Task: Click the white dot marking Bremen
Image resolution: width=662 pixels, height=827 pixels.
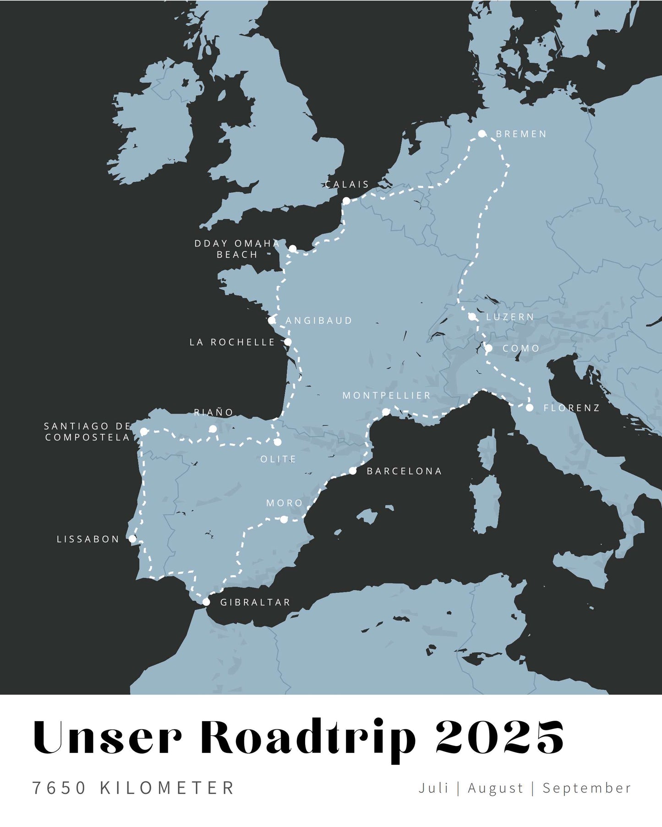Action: click(x=481, y=134)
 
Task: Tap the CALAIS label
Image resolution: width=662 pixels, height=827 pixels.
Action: click(x=347, y=185)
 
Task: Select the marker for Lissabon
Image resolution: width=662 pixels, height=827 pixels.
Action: click(x=132, y=539)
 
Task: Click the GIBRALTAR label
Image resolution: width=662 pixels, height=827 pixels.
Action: click(x=255, y=603)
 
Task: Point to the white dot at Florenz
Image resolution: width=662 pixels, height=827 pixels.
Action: click(x=530, y=408)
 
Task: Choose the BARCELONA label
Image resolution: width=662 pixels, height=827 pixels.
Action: click(x=404, y=471)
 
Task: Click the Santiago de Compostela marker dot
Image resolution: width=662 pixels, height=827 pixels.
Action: click(x=144, y=431)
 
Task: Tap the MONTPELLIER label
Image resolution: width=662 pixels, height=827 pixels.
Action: click(x=386, y=396)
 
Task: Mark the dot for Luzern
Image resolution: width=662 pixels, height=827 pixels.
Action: click(x=472, y=316)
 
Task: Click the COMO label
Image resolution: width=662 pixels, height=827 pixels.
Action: click(x=521, y=348)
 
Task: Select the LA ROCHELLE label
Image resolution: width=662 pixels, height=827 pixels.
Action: click(x=232, y=343)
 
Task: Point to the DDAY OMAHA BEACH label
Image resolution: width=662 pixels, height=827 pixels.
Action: click(x=237, y=249)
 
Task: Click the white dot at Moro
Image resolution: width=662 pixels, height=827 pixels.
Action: click(x=284, y=519)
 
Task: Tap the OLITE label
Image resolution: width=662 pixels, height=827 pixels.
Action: click(x=278, y=459)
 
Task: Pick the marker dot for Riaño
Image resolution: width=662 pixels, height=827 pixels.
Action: click(x=213, y=429)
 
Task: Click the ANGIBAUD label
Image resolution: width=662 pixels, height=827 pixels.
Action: click(x=319, y=321)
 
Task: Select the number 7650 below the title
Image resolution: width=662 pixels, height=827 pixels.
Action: click(x=59, y=788)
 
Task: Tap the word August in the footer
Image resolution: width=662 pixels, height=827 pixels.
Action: click(x=495, y=788)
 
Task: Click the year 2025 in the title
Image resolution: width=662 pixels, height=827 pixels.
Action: click(x=499, y=737)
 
